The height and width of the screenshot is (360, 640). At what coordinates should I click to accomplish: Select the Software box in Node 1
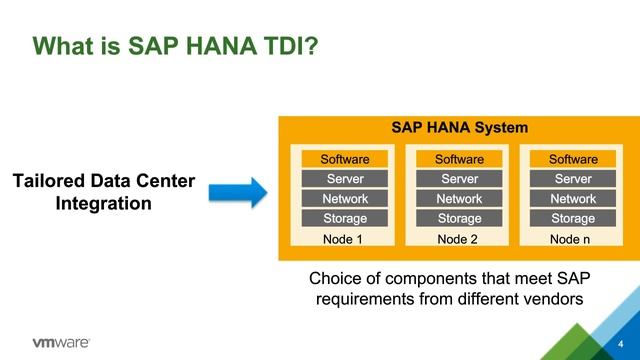tap(345, 160)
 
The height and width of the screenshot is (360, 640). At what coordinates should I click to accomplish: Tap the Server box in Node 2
tap(459, 179)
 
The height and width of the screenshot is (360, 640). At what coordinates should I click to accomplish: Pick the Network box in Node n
tap(573, 199)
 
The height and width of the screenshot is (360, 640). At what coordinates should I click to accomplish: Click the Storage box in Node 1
tap(345, 218)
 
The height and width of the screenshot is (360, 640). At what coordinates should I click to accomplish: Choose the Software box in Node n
tap(573, 160)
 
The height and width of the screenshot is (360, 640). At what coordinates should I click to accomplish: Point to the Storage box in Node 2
tap(459, 218)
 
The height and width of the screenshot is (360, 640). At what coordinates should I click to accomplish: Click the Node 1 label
tap(345, 240)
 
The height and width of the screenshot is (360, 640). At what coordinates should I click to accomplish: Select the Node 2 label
tap(459, 240)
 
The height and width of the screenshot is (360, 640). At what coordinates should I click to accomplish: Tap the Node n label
tap(573, 240)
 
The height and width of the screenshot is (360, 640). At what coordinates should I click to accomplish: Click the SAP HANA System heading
tap(459, 128)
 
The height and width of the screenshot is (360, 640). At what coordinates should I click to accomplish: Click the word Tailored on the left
tap(49, 182)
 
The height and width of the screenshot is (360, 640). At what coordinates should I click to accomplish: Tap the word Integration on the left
tap(104, 204)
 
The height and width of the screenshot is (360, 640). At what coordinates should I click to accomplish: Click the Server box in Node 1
tap(345, 179)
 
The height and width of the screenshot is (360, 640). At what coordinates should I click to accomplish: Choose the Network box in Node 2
tap(459, 199)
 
